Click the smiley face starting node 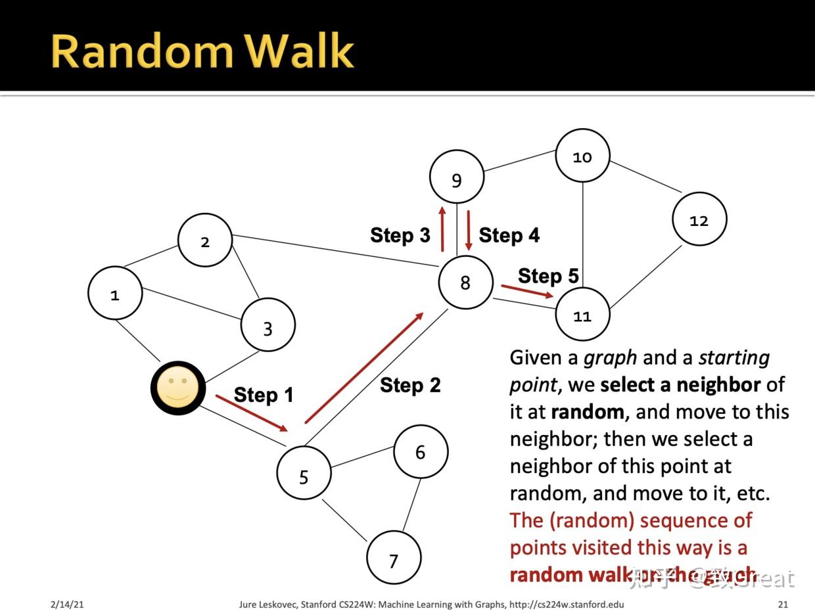pyautogui.click(x=178, y=388)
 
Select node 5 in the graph pyautogui.click(x=304, y=474)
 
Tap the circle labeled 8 pyautogui.click(x=465, y=283)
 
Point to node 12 pyautogui.click(x=699, y=219)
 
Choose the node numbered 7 pyautogui.click(x=393, y=558)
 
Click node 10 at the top pyautogui.click(x=582, y=156)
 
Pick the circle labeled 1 pyautogui.click(x=115, y=294)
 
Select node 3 pyautogui.click(x=268, y=325)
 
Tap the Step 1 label pyautogui.click(x=263, y=395)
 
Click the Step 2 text pyautogui.click(x=410, y=385)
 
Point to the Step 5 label pyautogui.click(x=548, y=276)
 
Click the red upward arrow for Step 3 pyautogui.click(x=442, y=229)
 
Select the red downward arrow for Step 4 pyautogui.click(x=469, y=230)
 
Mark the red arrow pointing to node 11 pyautogui.click(x=527, y=291)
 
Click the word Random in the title pyautogui.click(x=141, y=51)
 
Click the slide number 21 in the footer pyautogui.click(x=782, y=604)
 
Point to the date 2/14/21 pyautogui.click(x=67, y=604)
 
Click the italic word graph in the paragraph pyautogui.click(x=610, y=358)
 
